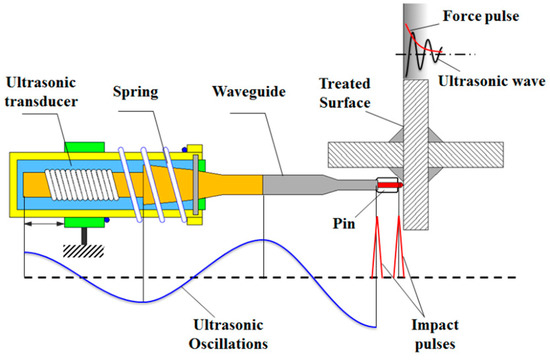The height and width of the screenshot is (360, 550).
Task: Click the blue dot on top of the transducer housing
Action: (186, 151)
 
